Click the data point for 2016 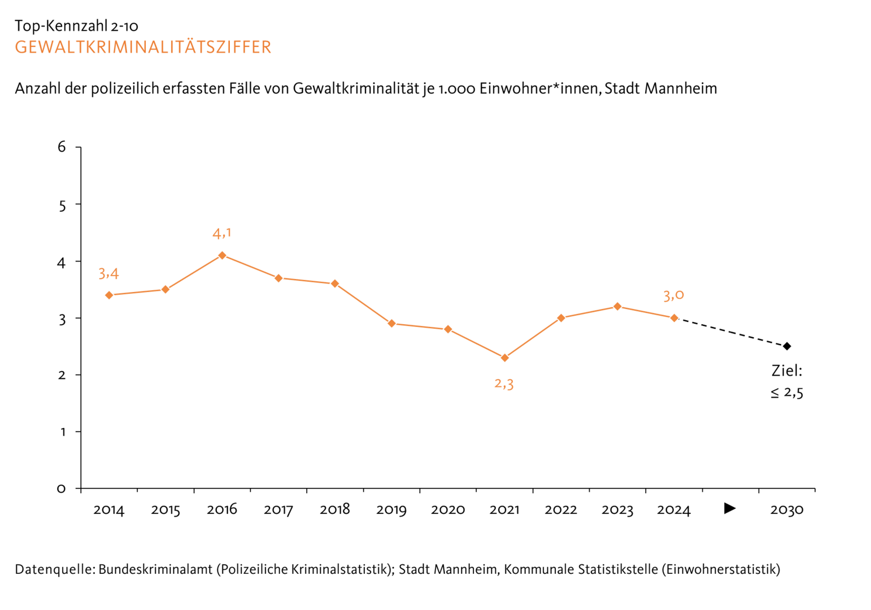[x=222, y=255]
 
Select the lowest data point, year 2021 [x=504, y=358]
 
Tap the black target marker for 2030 [x=787, y=346]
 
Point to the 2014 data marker [x=109, y=295]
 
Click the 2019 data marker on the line [x=391, y=324]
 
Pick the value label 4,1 [x=222, y=233]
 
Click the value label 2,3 [x=504, y=384]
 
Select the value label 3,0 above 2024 [x=673, y=295]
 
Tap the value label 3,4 [x=108, y=273]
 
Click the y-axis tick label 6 [x=62, y=147]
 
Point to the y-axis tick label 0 [x=62, y=489]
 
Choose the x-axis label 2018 [x=335, y=509]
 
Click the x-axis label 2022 [x=561, y=509]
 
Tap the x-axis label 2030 [x=787, y=509]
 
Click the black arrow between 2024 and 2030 [x=730, y=508]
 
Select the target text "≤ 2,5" [x=787, y=393]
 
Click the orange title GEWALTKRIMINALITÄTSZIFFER [x=143, y=47]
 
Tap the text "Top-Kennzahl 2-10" [x=76, y=26]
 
